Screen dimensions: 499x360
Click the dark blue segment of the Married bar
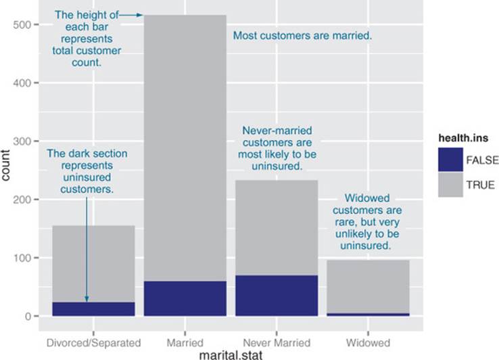tap(185, 298)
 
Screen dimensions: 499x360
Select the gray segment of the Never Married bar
tap(277, 228)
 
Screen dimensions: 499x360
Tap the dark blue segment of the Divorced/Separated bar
tap(93, 309)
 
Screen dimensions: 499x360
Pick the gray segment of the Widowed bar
tap(369, 287)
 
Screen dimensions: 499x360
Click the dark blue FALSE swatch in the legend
tap(450, 160)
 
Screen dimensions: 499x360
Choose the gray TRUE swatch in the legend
tap(450, 185)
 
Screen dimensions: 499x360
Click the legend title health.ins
tap(463, 138)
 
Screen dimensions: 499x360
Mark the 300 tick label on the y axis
tap(22, 141)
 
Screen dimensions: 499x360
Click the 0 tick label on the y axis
tap(28, 316)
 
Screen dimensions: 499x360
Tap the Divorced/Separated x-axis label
tap(93, 343)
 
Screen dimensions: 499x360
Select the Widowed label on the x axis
tap(369, 343)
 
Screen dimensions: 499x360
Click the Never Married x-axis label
tap(277, 343)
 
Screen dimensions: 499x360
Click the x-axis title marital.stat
tap(231, 355)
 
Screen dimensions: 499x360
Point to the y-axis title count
tap(5, 165)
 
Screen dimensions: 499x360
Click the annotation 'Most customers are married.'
tap(302, 35)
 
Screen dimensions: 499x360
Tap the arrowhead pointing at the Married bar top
tap(139, 15)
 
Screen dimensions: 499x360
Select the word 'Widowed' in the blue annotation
tap(367, 198)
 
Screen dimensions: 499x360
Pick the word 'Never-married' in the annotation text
tap(277, 131)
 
